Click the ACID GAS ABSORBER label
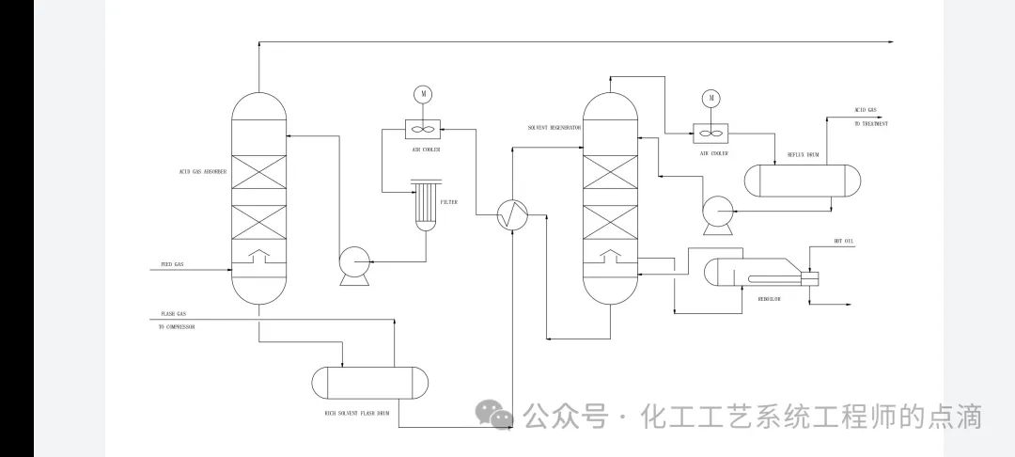coord(200,172)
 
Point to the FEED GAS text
coord(172,265)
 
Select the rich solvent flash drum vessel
coord(370,382)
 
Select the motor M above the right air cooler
coord(711,97)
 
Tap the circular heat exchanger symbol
coord(513,215)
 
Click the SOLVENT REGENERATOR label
coord(554,127)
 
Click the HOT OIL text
coord(844,242)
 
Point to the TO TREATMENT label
coord(870,124)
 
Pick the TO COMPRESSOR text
coord(178,326)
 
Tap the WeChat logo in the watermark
coord(493,414)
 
